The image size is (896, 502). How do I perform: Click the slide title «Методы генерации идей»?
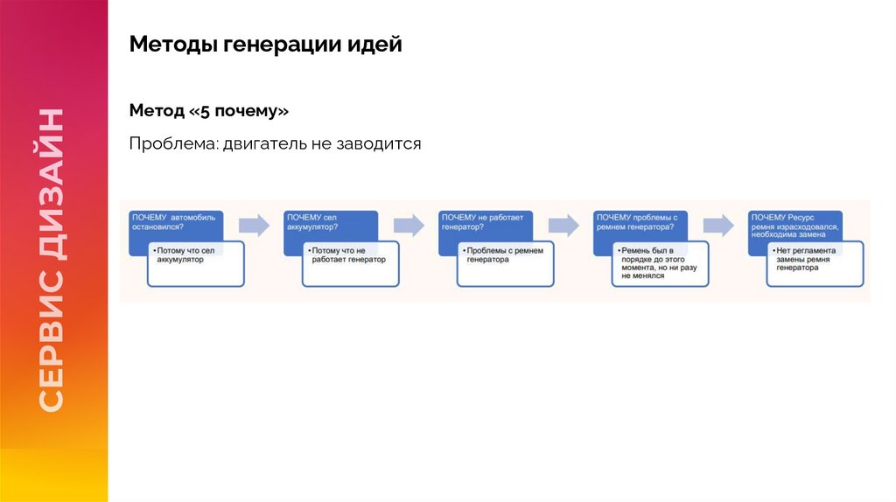click(265, 44)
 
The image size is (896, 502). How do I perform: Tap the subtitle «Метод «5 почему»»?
click(208, 111)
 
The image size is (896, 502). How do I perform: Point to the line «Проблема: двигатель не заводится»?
click(275, 143)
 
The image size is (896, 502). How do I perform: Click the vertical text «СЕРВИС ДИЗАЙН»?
click(52, 260)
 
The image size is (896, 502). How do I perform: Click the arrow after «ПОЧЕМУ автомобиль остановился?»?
click(254, 225)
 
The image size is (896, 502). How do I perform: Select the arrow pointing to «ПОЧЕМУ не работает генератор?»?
click(409, 225)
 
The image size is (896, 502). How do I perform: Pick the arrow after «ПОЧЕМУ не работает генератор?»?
click(563, 225)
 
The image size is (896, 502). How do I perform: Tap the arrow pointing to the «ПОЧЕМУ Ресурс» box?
click(718, 225)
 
